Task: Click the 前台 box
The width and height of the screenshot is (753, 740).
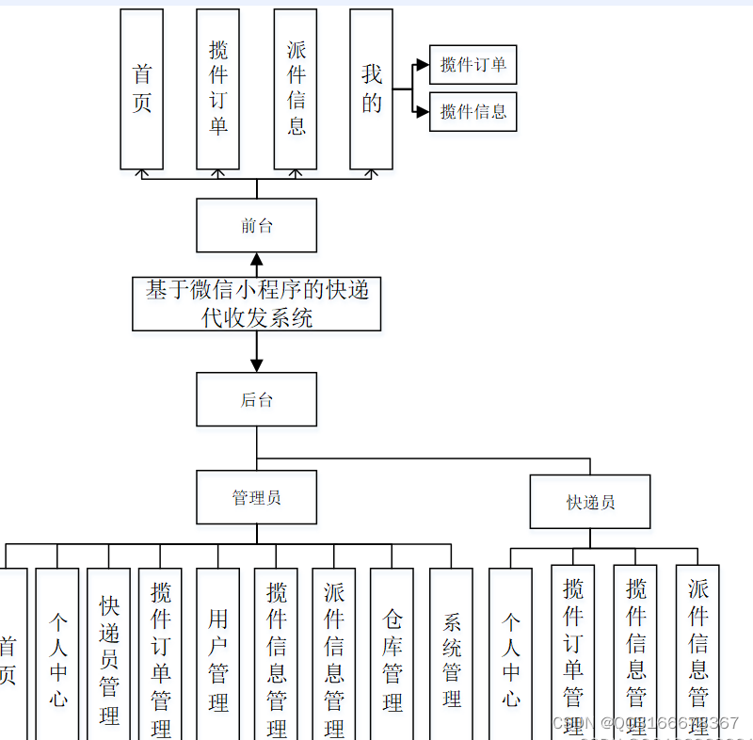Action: (256, 225)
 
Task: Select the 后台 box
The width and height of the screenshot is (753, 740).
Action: (256, 399)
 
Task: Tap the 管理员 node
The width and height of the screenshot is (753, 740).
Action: (256, 497)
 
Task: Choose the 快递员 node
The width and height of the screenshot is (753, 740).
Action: (590, 502)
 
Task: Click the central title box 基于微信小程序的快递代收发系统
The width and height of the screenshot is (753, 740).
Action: (256, 303)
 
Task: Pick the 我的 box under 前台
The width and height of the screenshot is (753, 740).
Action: (371, 89)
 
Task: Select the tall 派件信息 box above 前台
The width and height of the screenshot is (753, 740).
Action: (296, 89)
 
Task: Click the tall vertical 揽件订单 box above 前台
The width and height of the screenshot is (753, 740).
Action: (217, 89)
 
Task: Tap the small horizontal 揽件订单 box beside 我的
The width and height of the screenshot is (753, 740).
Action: (473, 65)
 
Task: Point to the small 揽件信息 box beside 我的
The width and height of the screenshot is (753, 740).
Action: (473, 111)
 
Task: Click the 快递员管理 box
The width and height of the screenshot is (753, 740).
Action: (108, 654)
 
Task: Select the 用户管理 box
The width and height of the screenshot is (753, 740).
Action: (217, 654)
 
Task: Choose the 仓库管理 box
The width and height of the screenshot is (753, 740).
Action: (392, 654)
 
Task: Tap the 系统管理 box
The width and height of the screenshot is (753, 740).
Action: (451, 654)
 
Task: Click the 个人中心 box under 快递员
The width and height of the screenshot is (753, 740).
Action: (510, 654)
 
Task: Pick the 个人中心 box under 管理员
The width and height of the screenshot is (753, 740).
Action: (56, 654)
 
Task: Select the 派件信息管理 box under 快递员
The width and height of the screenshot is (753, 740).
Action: (697, 654)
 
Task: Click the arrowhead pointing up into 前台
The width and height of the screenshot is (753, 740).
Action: (256, 259)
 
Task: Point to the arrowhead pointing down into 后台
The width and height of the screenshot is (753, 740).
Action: (256, 365)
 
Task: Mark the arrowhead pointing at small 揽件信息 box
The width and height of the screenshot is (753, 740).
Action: (422, 111)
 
